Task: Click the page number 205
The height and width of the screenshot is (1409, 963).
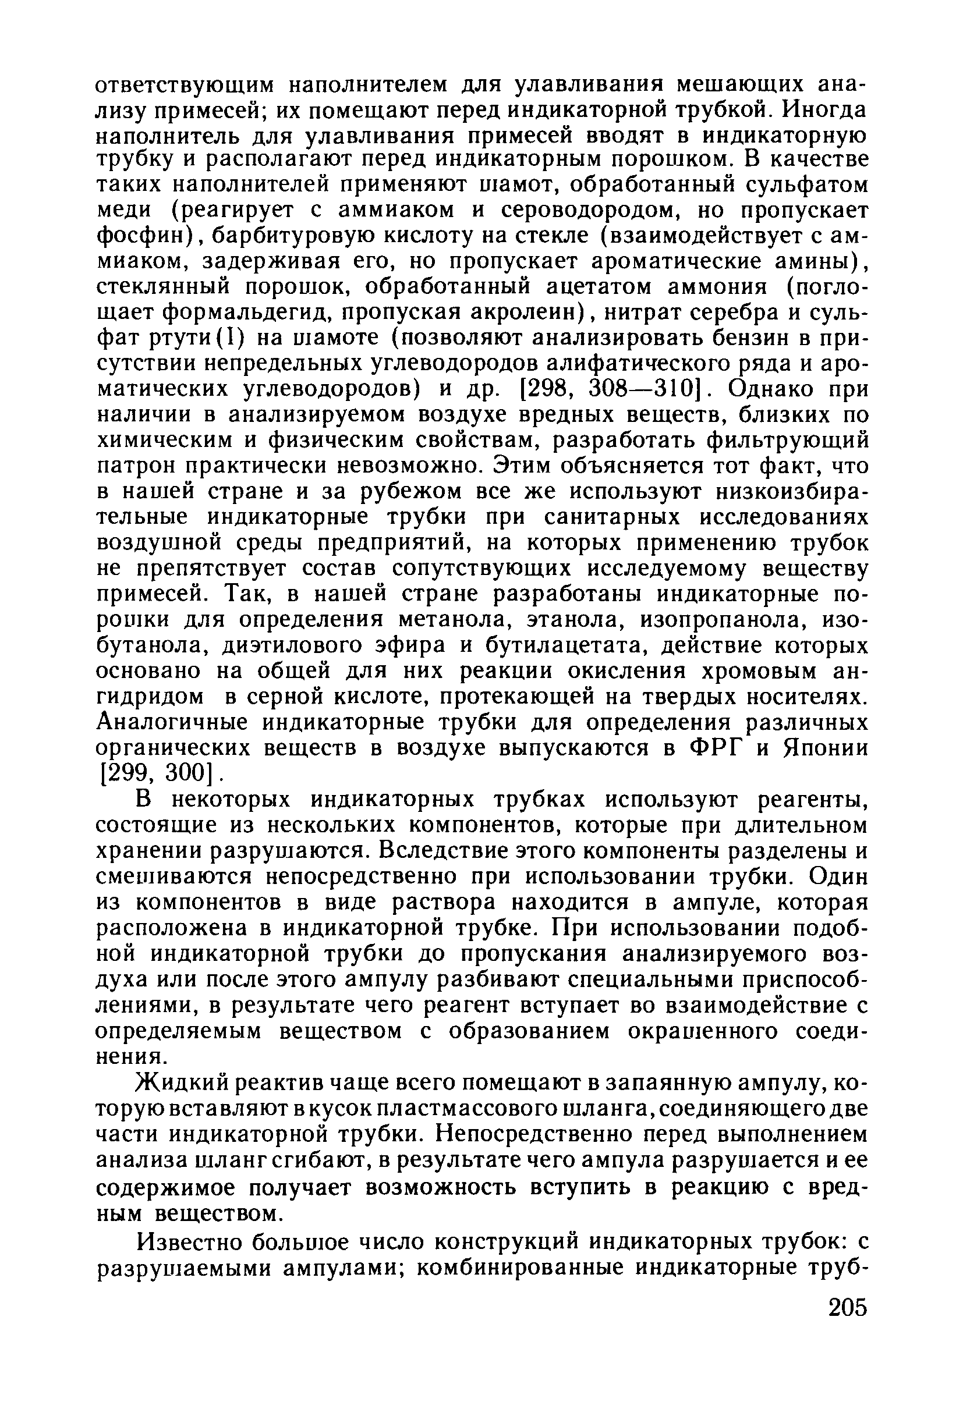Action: click(847, 1323)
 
